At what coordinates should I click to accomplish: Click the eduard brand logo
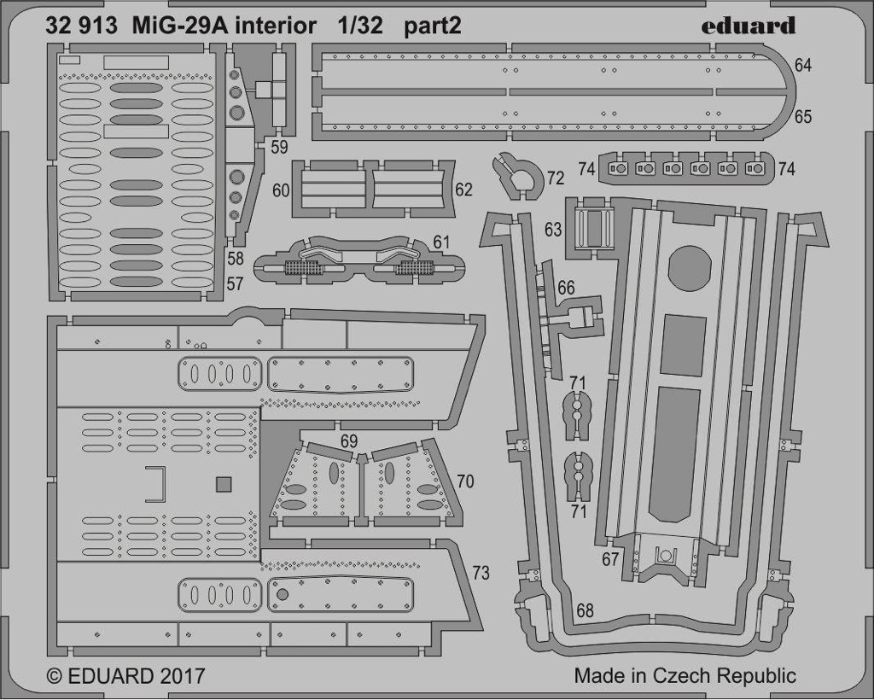click(x=748, y=26)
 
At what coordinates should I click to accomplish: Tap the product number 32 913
click(x=81, y=26)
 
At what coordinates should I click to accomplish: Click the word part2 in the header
click(x=433, y=26)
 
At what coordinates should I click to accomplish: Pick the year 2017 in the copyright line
click(x=182, y=676)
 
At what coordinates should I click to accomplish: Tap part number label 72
click(x=556, y=178)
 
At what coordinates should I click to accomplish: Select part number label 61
click(x=441, y=242)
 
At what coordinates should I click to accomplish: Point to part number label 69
click(x=349, y=441)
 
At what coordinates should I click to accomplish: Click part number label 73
click(x=481, y=573)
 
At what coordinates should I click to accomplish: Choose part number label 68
click(x=585, y=611)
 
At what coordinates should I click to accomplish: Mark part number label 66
click(x=566, y=289)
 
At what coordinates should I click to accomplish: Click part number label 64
click(x=802, y=65)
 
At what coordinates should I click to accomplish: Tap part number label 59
click(x=279, y=147)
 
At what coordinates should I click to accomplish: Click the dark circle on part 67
click(x=690, y=268)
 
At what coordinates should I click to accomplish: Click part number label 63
click(x=553, y=229)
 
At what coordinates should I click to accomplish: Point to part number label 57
click(x=235, y=284)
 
